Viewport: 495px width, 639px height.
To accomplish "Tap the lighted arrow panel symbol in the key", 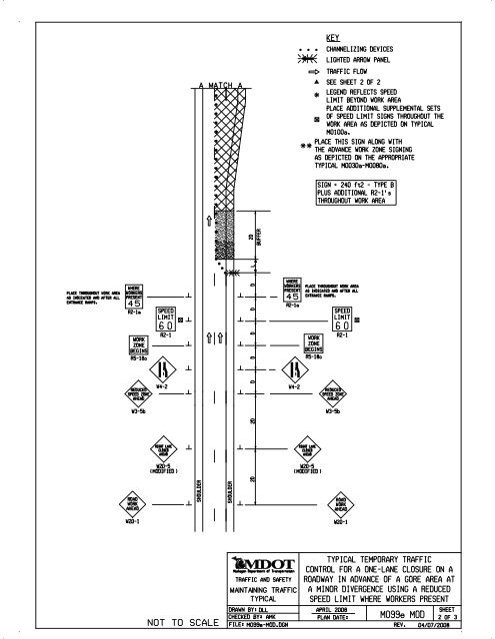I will click(x=307, y=60).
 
